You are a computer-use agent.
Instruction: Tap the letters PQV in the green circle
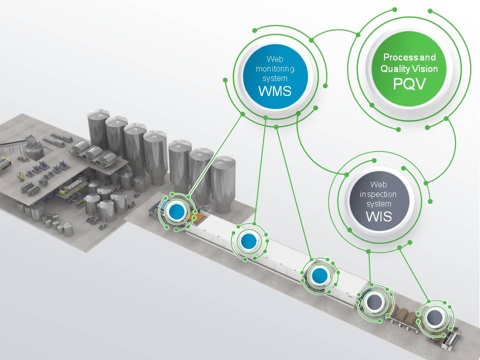click(409, 83)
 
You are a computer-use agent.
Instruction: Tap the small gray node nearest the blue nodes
click(373, 301)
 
